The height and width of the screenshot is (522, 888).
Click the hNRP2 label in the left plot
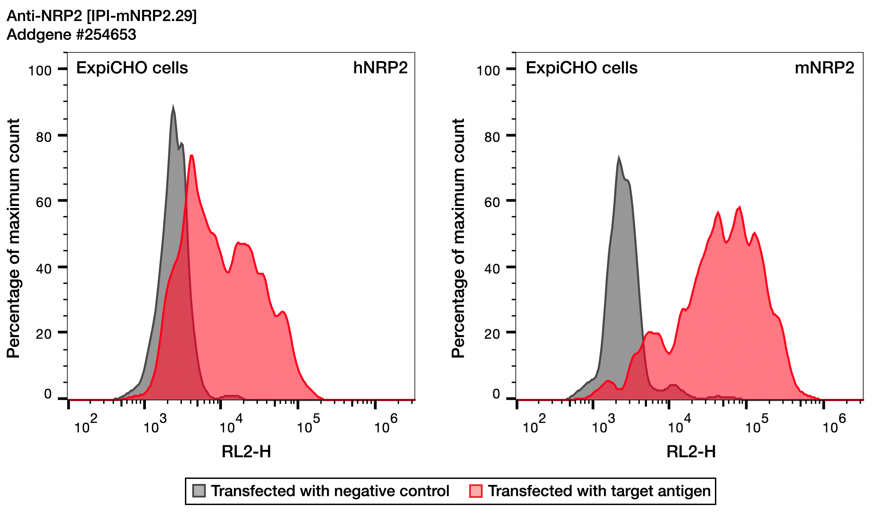point(380,68)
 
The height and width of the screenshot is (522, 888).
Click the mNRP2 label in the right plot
point(824,68)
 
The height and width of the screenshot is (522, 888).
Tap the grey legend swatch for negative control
point(199,491)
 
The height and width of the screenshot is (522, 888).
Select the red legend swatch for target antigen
point(476,491)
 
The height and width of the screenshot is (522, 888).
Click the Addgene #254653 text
point(72,35)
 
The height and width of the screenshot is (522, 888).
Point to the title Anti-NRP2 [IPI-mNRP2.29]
point(101,16)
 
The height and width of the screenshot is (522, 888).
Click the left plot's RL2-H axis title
point(246,451)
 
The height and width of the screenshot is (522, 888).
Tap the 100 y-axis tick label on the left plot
point(40,71)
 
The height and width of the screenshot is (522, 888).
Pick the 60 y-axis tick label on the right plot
point(492,203)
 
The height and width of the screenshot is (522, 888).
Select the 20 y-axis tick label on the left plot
point(44,334)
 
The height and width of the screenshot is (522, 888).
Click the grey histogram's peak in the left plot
point(173,106)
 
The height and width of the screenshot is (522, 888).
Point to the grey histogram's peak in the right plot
point(619,157)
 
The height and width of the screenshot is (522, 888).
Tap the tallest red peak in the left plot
point(191,155)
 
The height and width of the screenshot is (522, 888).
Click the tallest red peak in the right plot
point(740,207)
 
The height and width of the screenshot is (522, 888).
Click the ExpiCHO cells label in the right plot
point(582,68)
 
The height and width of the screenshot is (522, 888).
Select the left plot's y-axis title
point(13,239)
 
